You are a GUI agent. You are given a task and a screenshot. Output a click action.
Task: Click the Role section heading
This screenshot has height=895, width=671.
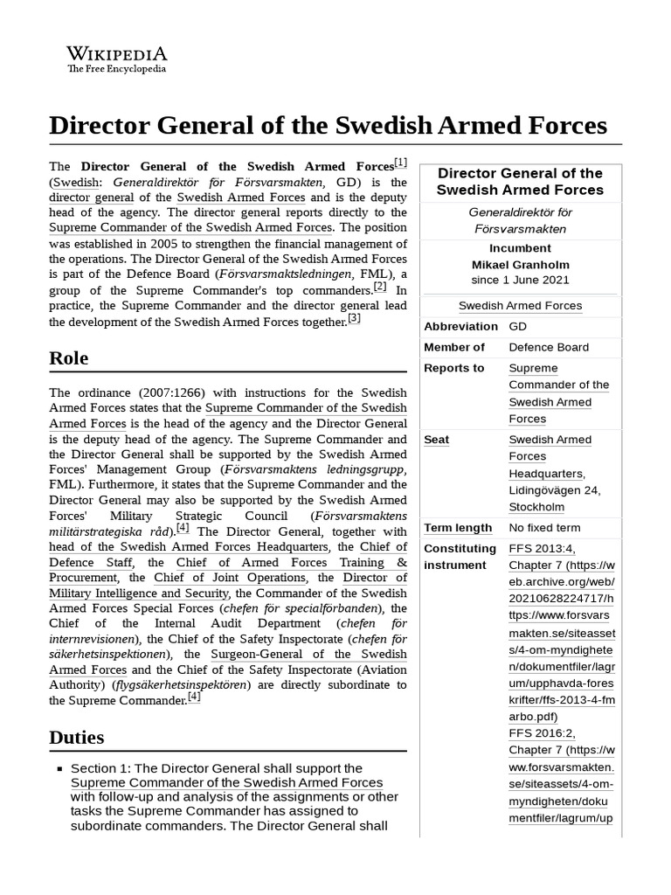pyautogui.click(x=69, y=358)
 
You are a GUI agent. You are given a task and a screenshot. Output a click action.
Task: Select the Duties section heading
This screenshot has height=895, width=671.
pyautogui.click(x=77, y=737)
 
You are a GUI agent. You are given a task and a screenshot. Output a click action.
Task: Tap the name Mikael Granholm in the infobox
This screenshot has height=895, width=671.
pyautogui.click(x=520, y=264)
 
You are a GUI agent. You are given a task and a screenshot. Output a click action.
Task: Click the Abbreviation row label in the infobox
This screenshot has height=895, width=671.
pyautogui.click(x=460, y=326)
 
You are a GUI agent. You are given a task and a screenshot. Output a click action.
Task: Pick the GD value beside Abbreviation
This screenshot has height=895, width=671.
pyautogui.click(x=518, y=326)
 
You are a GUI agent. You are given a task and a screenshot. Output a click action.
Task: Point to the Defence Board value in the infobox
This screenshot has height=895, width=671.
pyautogui.click(x=549, y=347)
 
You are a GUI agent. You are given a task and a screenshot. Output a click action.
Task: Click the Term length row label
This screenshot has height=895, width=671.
pyautogui.click(x=458, y=528)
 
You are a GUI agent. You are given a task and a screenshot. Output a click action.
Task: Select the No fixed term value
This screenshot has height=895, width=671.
pyautogui.click(x=544, y=528)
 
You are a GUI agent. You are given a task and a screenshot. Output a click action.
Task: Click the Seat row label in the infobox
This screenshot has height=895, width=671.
pyautogui.click(x=436, y=440)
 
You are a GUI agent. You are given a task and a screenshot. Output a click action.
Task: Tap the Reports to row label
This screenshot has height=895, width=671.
pyautogui.click(x=453, y=368)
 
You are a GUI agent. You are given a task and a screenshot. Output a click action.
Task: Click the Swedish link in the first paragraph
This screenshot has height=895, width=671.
pyautogui.click(x=75, y=183)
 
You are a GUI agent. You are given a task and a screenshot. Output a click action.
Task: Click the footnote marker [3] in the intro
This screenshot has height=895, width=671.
pyautogui.click(x=354, y=319)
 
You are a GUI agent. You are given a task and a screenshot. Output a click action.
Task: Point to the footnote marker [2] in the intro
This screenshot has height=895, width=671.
pyautogui.click(x=379, y=287)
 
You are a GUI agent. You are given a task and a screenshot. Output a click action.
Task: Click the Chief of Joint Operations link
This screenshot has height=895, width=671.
pyautogui.click(x=231, y=578)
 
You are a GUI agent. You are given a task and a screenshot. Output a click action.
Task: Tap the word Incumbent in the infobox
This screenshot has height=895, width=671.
pyautogui.click(x=520, y=248)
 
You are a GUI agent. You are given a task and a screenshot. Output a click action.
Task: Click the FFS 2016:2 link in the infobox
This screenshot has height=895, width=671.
pyautogui.click(x=542, y=733)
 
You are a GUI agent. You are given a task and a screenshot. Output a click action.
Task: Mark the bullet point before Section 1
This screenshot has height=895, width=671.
pyautogui.click(x=59, y=768)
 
